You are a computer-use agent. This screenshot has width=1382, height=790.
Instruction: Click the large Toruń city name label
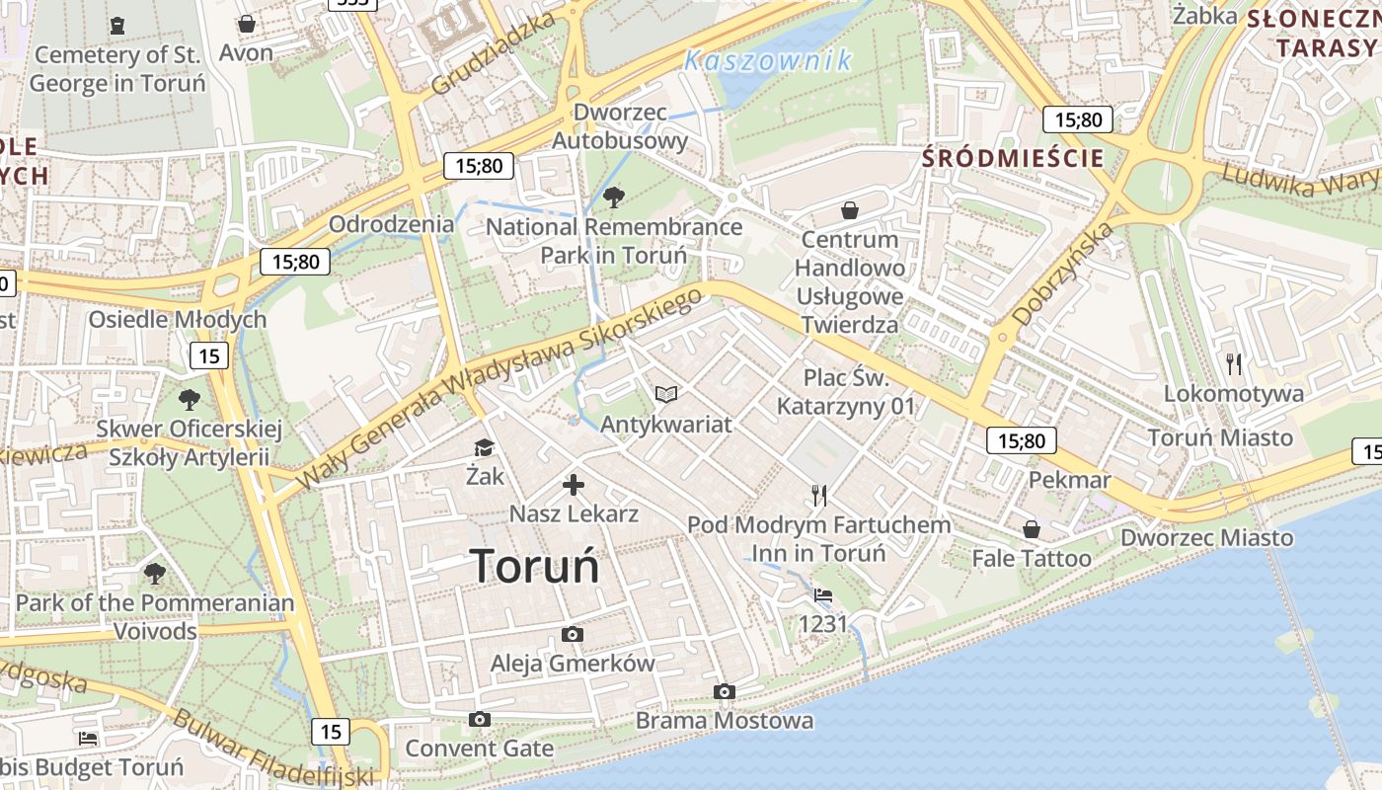coord(535,567)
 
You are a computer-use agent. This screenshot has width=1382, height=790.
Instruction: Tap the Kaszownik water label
coord(768,61)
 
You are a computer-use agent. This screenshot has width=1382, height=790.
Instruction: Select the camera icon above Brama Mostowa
coord(725,692)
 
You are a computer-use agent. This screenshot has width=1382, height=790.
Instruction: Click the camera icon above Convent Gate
coord(480,720)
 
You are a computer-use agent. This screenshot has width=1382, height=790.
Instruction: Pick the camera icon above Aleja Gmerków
coord(573,635)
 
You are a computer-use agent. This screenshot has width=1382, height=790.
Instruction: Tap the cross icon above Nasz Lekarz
coord(574,485)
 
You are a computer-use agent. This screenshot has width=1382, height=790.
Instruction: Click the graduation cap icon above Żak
coord(484,448)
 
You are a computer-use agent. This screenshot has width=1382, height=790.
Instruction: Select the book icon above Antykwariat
coord(666,395)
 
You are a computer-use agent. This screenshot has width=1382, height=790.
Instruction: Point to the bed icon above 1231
coord(823,595)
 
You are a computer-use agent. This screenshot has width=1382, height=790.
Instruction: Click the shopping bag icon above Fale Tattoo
coord(1032,530)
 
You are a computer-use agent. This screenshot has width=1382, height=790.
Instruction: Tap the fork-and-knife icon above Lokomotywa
coord(1234,364)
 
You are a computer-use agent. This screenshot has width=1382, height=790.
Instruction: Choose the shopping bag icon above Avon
coord(247,24)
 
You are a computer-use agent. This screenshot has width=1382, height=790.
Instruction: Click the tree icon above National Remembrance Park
coord(613,197)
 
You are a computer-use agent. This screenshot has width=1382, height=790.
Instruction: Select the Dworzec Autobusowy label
coord(619,126)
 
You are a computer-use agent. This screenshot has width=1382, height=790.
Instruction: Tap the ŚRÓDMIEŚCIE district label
coord(1013,158)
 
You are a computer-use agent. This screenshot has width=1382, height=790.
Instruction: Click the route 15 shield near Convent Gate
coord(331,732)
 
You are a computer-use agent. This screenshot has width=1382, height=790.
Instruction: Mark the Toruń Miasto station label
coord(1220,437)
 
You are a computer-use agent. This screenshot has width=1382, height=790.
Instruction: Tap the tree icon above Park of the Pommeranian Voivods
coord(155,574)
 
